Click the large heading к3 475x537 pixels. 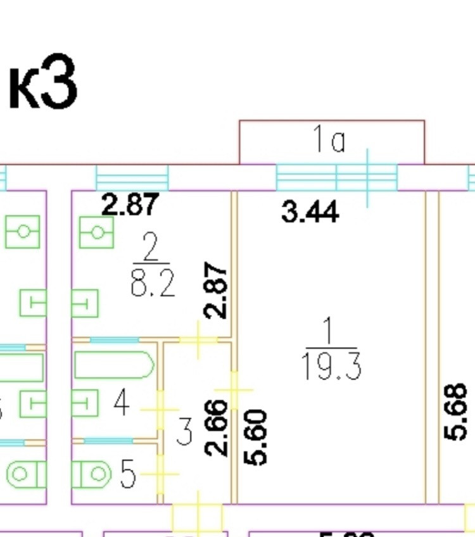click(42, 82)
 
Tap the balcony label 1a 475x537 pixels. click(330, 140)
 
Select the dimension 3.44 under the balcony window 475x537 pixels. click(310, 212)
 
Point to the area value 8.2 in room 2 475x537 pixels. click(152, 284)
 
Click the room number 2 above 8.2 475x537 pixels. click(150, 249)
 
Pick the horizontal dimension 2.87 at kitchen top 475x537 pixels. click(130, 205)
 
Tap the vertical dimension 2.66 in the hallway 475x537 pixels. click(217, 428)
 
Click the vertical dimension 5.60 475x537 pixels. click(256, 437)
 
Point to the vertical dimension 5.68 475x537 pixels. click(456, 412)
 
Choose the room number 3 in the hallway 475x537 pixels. click(184, 433)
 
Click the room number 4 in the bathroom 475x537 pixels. click(122, 403)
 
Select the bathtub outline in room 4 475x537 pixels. click(114, 365)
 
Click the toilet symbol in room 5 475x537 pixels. click(91, 474)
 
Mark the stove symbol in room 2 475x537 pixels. click(96, 232)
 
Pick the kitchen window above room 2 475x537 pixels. click(132, 177)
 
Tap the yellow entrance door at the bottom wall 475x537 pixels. click(198, 518)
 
